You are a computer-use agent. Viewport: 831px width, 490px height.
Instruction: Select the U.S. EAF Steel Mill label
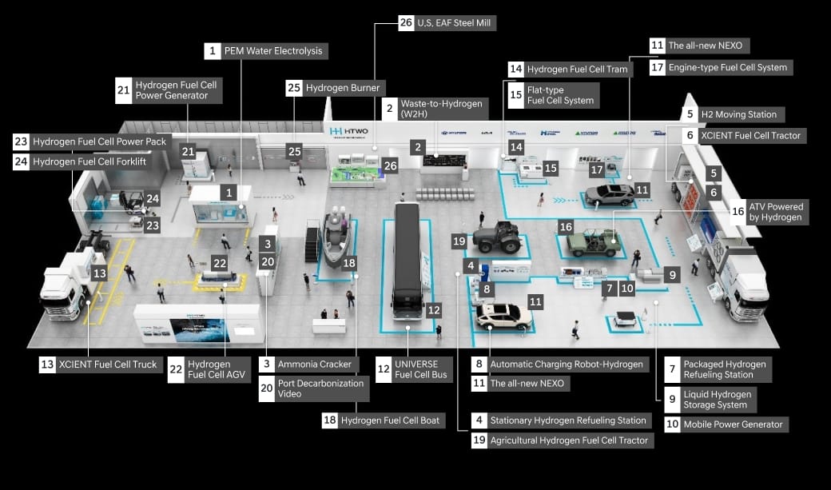tap(455, 22)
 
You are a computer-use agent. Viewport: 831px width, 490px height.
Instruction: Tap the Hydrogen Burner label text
tap(343, 88)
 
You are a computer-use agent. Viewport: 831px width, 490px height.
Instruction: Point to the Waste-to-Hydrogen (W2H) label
tap(442, 110)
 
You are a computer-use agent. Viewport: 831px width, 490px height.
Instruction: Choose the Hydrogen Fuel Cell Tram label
tap(577, 70)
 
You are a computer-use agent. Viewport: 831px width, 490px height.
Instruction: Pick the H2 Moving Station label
tap(738, 114)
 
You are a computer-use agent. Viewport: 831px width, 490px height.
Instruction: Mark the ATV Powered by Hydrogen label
tap(774, 212)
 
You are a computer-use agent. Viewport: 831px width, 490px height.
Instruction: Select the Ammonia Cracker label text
tap(314, 365)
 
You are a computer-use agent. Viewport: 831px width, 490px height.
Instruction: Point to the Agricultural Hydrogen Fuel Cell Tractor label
tap(569, 440)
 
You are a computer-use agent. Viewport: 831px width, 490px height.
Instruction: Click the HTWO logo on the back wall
tap(347, 130)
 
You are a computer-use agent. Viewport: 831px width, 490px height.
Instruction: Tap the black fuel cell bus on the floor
tap(408, 260)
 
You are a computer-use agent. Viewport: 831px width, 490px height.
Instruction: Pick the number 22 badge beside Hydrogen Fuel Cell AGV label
tap(176, 369)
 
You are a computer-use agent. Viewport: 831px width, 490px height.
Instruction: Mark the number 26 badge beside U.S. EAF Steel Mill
tap(406, 22)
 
